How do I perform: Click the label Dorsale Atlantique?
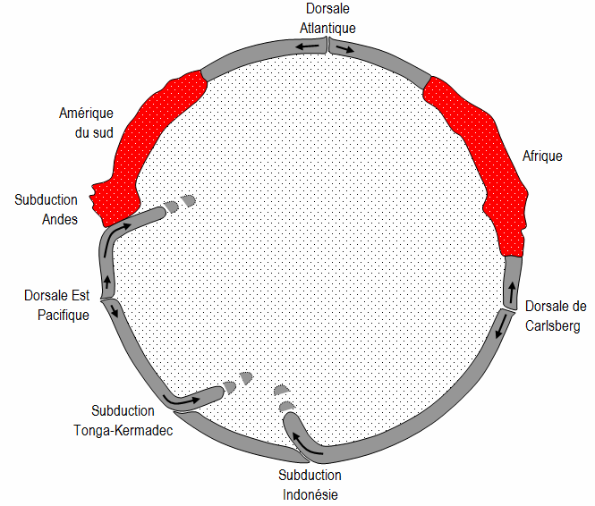coord(327,18)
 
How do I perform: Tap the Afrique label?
coord(542,156)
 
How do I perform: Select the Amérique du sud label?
coord(86,122)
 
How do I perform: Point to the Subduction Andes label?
coord(46,209)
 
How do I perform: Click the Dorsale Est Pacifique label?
coord(57,305)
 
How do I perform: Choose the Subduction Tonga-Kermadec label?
coord(123,420)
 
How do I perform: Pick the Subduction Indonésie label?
coord(310,485)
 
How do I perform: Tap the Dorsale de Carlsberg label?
coord(556,316)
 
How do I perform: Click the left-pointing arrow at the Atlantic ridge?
coord(308,46)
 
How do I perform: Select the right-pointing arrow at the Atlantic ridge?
coord(345,48)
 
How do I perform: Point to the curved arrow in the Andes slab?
coord(114,235)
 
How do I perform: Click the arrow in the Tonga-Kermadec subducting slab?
coord(181,399)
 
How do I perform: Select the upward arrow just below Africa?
coord(513,292)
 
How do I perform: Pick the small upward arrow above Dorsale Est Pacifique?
coord(107,282)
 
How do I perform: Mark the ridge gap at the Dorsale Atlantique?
coord(327,46)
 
